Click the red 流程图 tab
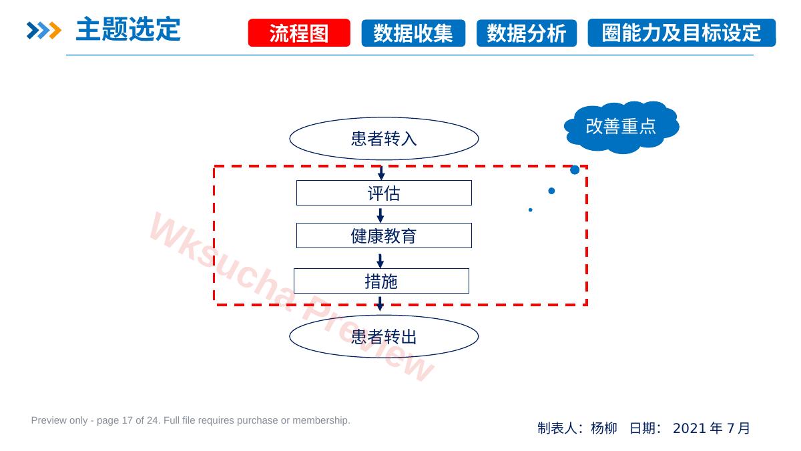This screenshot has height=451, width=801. click(x=299, y=33)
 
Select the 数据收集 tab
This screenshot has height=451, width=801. click(x=413, y=33)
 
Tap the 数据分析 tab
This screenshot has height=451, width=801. click(x=527, y=33)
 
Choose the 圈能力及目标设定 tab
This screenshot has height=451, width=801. click(x=682, y=33)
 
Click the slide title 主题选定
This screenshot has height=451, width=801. click(x=128, y=29)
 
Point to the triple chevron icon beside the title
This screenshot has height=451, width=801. click(x=43, y=31)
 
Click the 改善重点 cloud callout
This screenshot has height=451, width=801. click(x=621, y=127)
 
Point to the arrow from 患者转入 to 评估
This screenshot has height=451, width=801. click(x=381, y=173)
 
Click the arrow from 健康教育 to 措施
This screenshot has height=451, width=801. click(x=380, y=261)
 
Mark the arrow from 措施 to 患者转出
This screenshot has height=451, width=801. click(x=380, y=304)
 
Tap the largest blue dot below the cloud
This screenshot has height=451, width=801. click(x=575, y=169)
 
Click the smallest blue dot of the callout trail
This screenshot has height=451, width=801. click(x=530, y=209)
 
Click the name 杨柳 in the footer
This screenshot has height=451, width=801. click(x=604, y=428)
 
